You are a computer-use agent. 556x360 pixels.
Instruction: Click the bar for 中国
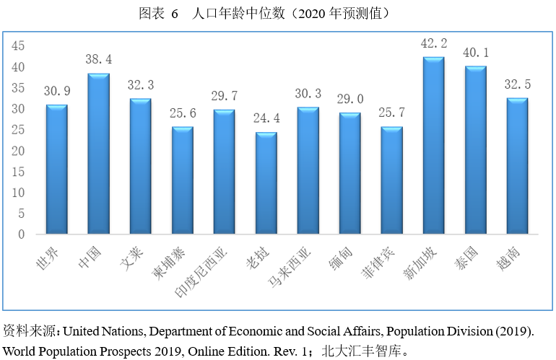(99, 154)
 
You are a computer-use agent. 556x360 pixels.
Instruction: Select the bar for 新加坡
(434, 145)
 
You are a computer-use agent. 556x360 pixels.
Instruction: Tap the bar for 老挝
(266, 183)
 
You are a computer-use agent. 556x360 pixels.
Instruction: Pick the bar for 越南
(517, 166)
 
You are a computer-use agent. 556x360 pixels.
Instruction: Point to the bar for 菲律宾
(392, 180)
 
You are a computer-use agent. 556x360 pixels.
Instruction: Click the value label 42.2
(434, 43)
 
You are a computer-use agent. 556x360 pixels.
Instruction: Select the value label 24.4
(266, 118)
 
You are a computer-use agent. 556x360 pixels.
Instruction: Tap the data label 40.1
(476, 53)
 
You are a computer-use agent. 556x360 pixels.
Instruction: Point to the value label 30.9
(57, 91)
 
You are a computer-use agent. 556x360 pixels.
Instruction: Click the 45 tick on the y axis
(18, 45)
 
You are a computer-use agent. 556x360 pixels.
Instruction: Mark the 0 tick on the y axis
(21, 234)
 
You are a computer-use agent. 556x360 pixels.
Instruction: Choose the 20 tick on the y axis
(18, 150)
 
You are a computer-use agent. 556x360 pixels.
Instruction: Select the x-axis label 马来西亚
(290, 266)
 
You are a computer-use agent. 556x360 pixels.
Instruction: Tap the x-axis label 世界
(48, 258)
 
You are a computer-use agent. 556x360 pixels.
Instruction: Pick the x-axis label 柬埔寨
(168, 263)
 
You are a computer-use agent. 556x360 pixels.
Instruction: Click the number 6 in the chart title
(175, 14)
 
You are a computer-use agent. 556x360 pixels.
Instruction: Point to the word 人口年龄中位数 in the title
(238, 13)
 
